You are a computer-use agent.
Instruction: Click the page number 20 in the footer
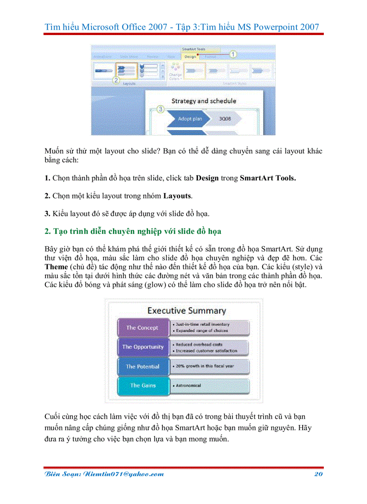click(318, 474)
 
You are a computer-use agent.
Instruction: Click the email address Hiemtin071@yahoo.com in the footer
click(103, 474)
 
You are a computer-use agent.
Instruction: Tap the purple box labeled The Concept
click(142, 328)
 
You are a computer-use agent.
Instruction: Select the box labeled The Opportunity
click(143, 347)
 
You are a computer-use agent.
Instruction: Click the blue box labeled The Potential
click(143, 366)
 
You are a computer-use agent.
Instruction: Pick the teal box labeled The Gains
click(143, 386)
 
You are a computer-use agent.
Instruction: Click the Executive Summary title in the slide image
click(187, 311)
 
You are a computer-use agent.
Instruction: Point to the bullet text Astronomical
click(189, 386)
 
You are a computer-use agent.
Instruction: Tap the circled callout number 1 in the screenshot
click(233, 54)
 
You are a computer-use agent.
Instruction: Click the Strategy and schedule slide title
click(203, 101)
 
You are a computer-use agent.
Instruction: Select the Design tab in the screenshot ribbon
click(190, 57)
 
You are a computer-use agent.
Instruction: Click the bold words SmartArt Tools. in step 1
click(268, 178)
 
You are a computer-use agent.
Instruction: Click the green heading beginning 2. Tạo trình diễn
click(133, 232)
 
